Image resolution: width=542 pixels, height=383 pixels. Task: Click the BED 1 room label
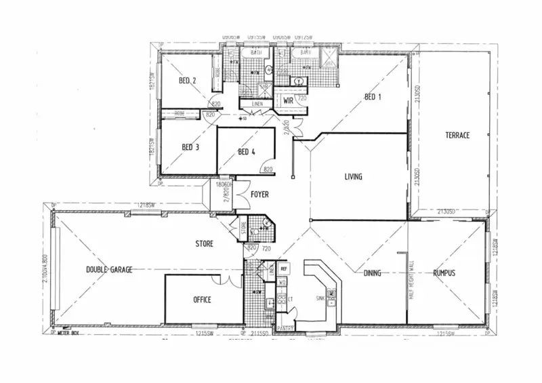pos(373,97)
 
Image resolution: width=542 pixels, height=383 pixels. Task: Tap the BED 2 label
pos(188,81)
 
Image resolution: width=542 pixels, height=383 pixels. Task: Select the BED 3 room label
pos(190,147)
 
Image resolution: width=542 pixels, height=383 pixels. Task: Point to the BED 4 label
pos(247,153)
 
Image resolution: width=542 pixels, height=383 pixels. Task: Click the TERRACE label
pos(457,136)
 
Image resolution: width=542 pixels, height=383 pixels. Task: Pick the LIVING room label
pos(353,177)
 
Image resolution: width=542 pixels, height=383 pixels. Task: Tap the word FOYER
pos(259,195)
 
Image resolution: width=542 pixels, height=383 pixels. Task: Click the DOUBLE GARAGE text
pos(109,269)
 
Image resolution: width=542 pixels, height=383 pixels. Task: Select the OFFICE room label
pos(202,300)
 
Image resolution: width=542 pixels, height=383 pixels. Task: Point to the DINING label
pos(372,273)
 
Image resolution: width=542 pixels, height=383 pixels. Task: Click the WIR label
pos(288,100)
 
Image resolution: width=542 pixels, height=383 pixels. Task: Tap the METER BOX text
pos(69,334)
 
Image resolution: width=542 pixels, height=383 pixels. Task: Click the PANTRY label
pos(285,328)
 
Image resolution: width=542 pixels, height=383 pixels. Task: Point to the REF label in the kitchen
pos(284,268)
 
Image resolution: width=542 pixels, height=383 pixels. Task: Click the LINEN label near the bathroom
pos(257,104)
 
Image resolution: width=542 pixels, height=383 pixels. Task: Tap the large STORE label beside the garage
pos(204,244)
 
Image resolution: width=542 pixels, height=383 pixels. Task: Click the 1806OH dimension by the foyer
pos(224,184)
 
